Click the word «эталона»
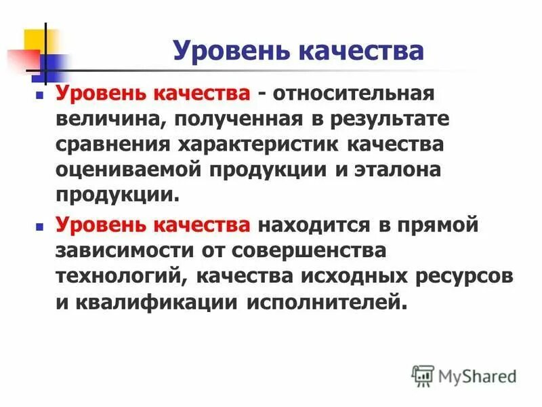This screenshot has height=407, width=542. (392, 170)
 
